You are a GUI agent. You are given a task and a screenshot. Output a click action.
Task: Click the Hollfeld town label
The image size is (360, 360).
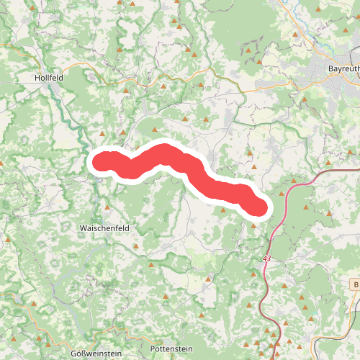coord(50,76)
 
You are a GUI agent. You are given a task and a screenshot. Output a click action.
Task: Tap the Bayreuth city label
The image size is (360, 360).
coord(343,68)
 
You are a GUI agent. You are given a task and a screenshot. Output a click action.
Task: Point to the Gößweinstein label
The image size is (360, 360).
coord(96,352)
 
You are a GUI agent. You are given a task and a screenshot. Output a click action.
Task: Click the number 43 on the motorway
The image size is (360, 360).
coord(267,258)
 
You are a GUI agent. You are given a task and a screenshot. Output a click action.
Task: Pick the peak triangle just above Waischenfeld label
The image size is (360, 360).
coord(107,207)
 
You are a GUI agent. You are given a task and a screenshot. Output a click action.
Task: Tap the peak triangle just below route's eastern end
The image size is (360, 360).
coord(253,225)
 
